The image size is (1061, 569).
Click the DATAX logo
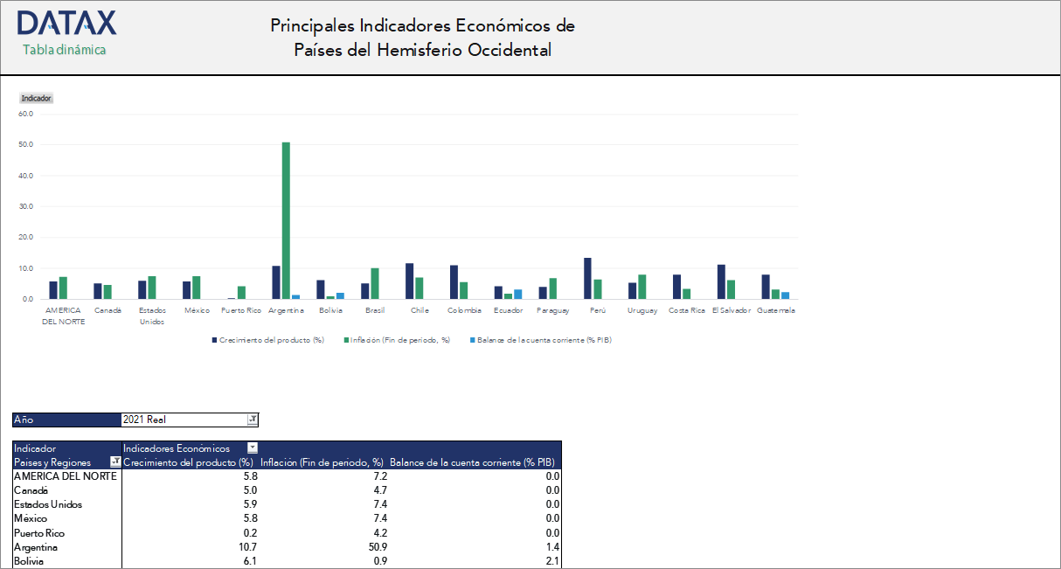coord(66,24)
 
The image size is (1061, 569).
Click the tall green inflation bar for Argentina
coord(286,219)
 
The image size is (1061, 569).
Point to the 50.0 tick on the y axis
coord(25,144)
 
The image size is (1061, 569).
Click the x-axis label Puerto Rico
coord(241,310)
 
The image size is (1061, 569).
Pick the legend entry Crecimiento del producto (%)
coord(267,340)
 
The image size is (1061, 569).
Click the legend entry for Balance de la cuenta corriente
coord(541,340)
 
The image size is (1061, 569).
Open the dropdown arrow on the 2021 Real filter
coord(253,420)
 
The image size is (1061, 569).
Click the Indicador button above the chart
coord(36,98)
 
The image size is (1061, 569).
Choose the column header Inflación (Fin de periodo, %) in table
coord(322,462)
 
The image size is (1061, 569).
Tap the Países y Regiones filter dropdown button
coord(114,462)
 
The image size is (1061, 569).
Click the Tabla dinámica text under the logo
coord(65,50)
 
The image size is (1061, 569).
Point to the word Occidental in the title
coord(510,50)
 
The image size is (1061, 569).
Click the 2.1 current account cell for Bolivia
coord(551,561)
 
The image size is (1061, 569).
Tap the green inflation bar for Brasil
coord(375,283)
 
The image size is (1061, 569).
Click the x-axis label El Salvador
coord(731,310)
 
